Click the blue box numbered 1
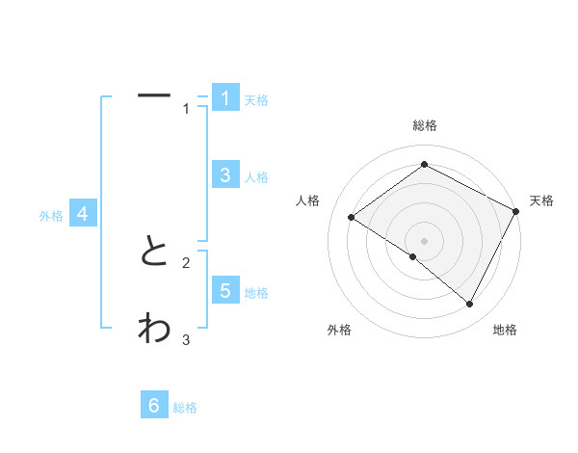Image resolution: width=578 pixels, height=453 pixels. click(x=224, y=97)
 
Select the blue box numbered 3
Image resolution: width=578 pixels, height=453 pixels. click(x=224, y=174)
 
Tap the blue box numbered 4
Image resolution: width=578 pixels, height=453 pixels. click(x=83, y=214)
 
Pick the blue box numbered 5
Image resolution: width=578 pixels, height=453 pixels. click(x=224, y=290)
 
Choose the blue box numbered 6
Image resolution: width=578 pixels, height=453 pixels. click(x=154, y=406)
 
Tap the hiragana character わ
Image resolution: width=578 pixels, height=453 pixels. click(x=154, y=328)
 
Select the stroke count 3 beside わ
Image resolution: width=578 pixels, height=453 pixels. click(x=186, y=339)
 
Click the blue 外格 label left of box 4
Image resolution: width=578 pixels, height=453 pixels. click(x=51, y=216)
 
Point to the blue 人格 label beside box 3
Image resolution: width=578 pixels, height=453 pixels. click(x=256, y=177)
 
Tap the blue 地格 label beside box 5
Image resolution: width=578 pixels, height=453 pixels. click(x=256, y=293)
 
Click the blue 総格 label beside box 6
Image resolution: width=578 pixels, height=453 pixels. click(x=185, y=409)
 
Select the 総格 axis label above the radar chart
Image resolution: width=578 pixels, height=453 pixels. click(x=424, y=125)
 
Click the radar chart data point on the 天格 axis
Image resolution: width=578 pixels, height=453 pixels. click(x=515, y=211)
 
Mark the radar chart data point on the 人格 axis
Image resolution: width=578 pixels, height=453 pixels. click(x=351, y=217)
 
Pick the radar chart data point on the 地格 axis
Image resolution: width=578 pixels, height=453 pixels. click(x=469, y=304)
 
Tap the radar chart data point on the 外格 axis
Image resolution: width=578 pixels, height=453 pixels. click(x=413, y=256)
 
